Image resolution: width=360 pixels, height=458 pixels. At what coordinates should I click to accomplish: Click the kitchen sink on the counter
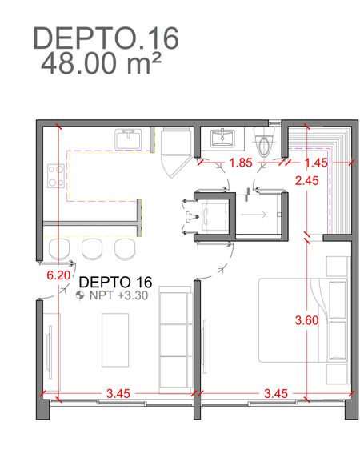[128, 139]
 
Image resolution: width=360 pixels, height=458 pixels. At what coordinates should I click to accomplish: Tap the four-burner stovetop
[56, 176]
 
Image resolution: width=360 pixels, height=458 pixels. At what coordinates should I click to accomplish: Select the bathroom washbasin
[222, 138]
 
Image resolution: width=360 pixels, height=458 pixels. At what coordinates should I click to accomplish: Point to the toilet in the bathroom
[264, 141]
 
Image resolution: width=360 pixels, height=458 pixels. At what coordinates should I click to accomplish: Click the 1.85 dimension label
[241, 163]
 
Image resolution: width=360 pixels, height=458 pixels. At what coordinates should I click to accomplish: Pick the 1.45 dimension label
[316, 163]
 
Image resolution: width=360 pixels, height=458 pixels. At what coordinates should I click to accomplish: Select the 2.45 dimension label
[307, 181]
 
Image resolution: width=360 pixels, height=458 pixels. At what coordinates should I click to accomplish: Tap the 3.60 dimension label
[307, 320]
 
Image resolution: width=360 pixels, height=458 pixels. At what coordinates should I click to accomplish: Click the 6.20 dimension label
[58, 275]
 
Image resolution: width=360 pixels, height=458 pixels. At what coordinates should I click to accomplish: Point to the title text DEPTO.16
[106, 38]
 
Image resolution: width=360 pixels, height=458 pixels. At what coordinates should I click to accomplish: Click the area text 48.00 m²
[101, 63]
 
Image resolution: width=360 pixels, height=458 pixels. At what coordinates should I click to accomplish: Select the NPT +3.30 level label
[118, 295]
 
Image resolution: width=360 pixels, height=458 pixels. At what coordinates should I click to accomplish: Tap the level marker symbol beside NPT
[80, 295]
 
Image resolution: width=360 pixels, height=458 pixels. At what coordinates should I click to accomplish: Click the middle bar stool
[92, 249]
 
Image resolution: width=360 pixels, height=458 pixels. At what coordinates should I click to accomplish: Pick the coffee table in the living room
[115, 340]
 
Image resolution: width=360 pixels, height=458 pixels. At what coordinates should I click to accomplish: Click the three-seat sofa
[176, 339]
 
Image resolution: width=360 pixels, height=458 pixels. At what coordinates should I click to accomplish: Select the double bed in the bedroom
[303, 320]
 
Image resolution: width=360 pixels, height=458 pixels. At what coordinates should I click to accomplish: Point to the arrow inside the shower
[254, 215]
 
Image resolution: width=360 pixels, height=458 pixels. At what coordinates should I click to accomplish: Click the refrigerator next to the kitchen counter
[177, 152]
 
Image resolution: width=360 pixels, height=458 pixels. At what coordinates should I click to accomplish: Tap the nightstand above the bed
[337, 267]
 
